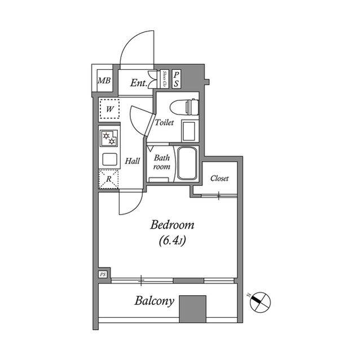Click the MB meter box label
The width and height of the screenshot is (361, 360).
tap(104, 81)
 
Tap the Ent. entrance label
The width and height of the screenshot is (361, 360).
tap(138, 83)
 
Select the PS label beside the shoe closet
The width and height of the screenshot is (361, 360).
tap(176, 79)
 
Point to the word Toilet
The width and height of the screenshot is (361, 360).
tap(164, 122)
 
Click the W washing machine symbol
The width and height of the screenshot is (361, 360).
tap(109, 108)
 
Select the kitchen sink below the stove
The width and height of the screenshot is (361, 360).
tap(109, 159)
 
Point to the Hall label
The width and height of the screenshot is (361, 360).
tap(133, 161)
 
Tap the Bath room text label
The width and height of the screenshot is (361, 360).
tap(162, 162)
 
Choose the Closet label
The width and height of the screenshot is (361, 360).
tap(219, 179)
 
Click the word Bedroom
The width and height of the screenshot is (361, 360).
tap(172, 225)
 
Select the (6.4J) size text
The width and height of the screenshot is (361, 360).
tap(172, 241)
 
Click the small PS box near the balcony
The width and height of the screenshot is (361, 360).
tap(103, 274)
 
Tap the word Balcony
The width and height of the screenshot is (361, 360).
tap(154, 300)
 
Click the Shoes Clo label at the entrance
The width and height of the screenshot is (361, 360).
tap(164, 79)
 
